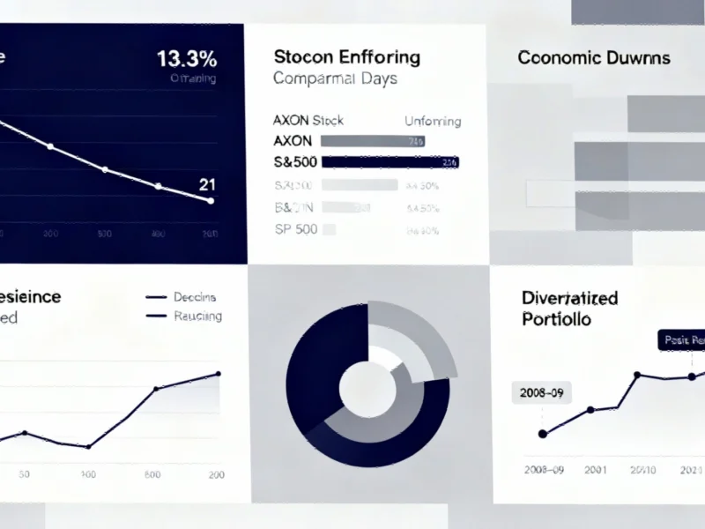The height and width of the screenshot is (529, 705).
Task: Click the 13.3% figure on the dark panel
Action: click(187, 60)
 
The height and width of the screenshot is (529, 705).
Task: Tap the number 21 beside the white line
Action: click(208, 184)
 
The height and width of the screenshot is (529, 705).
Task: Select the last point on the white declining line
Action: click(210, 200)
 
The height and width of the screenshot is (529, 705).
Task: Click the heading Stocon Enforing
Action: click(346, 57)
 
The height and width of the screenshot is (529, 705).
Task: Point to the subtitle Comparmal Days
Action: click(335, 78)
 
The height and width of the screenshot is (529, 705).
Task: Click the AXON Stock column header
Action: click(308, 121)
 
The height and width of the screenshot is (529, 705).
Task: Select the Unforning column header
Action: click(432, 121)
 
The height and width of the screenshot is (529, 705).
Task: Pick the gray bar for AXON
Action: click(374, 141)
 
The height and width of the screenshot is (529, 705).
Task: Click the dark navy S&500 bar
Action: click(390, 162)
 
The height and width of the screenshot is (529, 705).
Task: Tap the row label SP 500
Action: click(295, 229)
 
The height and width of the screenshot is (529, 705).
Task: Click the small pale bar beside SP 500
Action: click(330, 229)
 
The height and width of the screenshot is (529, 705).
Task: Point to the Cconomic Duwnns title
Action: click(594, 58)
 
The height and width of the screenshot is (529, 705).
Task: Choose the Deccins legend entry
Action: click(195, 297)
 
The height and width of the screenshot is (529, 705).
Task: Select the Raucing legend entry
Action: click(197, 316)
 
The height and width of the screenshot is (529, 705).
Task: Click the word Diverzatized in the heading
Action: click(570, 298)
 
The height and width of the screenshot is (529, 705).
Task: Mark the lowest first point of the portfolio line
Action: click(543, 433)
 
